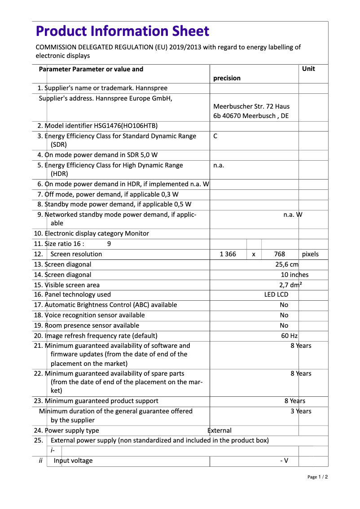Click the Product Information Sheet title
pyautogui.click(x=122, y=31)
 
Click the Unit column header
pyautogui.click(x=308, y=69)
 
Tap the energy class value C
pyautogui.click(x=215, y=136)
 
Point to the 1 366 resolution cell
pyautogui.click(x=228, y=254)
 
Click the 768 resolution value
pyautogui.click(x=279, y=254)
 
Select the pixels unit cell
pyautogui.click(x=310, y=254)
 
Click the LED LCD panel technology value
pyautogui.click(x=276, y=294)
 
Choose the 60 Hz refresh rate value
pyautogui.click(x=289, y=336)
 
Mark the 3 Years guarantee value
pyautogui.click(x=300, y=411)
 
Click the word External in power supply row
pyautogui.click(x=220, y=430)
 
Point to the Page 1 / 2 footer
pyautogui.click(x=317, y=477)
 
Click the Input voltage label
pyautogui.click(x=73, y=461)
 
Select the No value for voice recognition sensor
pyautogui.click(x=284, y=315)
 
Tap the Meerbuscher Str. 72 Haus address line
pyautogui.click(x=251, y=106)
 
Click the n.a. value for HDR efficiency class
pyautogui.click(x=219, y=165)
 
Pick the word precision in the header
pyautogui.click(x=227, y=78)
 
